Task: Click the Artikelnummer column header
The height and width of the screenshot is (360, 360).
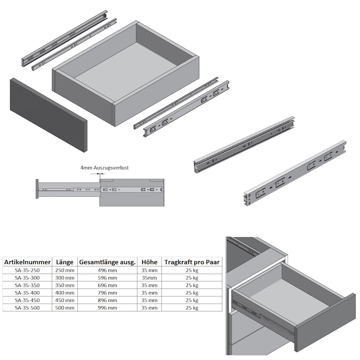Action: click(x=27, y=262)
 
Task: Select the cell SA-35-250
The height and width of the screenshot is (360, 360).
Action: click(x=27, y=270)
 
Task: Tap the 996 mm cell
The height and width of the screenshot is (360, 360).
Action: click(x=107, y=308)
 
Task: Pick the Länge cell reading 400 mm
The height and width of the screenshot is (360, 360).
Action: click(x=65, y=293)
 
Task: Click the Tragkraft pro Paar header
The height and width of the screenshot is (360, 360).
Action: click(x=192, y=262)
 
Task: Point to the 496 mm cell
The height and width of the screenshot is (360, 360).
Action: click(x=107, y=270)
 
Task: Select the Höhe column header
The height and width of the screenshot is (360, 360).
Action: click(x=149, y=262)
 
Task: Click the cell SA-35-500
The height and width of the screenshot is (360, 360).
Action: click(x=27, y=308)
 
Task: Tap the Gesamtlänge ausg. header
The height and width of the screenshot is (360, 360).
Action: click(x=107, y=262)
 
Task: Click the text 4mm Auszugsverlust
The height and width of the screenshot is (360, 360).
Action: click(x=104, y=167)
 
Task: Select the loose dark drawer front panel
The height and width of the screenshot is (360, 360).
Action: click(x=49, y=115)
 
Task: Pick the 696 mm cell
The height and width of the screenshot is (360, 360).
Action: click(x=107, y=285)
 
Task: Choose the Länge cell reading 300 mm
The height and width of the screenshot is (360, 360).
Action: click(x=65, y=278)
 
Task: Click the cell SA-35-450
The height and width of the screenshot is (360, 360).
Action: click(x=27, y=300)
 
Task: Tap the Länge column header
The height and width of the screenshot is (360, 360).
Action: click(x=65, y=262)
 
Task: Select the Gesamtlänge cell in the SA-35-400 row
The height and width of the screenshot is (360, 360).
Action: click(x=107, y=293)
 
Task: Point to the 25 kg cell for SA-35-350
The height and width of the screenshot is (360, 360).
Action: click(x=192, y=285)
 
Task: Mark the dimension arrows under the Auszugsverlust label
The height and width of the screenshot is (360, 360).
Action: click(x=98, y=174)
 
